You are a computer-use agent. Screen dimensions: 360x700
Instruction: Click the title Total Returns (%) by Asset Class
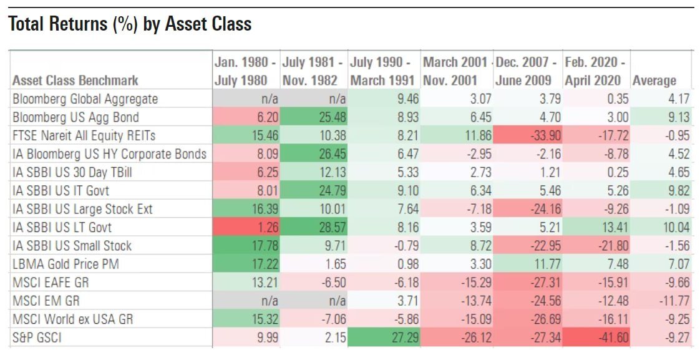130,24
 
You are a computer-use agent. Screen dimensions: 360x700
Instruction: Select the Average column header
654,80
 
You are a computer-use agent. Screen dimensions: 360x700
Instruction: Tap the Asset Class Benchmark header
75,80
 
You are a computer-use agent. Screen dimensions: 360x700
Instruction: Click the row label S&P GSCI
39,338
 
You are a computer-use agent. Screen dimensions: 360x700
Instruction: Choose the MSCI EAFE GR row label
51,282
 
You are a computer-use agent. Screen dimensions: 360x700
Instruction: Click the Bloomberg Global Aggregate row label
85,99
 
